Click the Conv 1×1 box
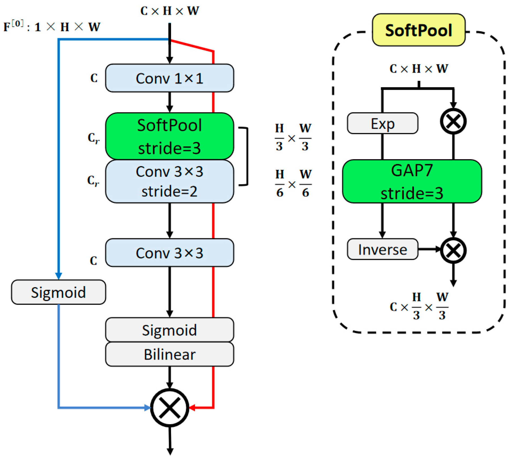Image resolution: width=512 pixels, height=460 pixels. tap(169, 78)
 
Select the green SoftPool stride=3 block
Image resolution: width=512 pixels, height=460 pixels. tap(169, 136)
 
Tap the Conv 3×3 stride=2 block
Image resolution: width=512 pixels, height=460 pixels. tap(169, 181)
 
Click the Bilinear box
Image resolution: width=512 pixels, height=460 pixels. tap(169, 354)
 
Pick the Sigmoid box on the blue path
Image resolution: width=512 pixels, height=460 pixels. tap(58, 292)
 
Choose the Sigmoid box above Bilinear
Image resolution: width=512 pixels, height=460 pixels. tap(169, 330)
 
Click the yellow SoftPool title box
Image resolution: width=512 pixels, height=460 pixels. tap(419, 30)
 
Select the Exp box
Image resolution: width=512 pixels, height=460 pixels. tap(383, 123)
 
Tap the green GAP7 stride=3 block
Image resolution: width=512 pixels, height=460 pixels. tap(412, 181)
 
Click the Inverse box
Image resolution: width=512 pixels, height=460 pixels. tap(383, 249)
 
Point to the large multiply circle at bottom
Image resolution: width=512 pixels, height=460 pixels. tap(170, 408)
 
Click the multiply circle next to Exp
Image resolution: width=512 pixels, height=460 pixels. tap(453, 121)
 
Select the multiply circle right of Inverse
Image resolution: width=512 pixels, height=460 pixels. tap(453, 250)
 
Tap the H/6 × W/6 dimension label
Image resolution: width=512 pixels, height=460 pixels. tap(293, 184)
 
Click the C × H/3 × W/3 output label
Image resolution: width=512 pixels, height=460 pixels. tap(419, 307)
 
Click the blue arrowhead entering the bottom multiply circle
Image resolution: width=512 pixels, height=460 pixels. tap(147, 408)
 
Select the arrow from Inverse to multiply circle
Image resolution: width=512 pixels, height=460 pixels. tap(429, 249)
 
